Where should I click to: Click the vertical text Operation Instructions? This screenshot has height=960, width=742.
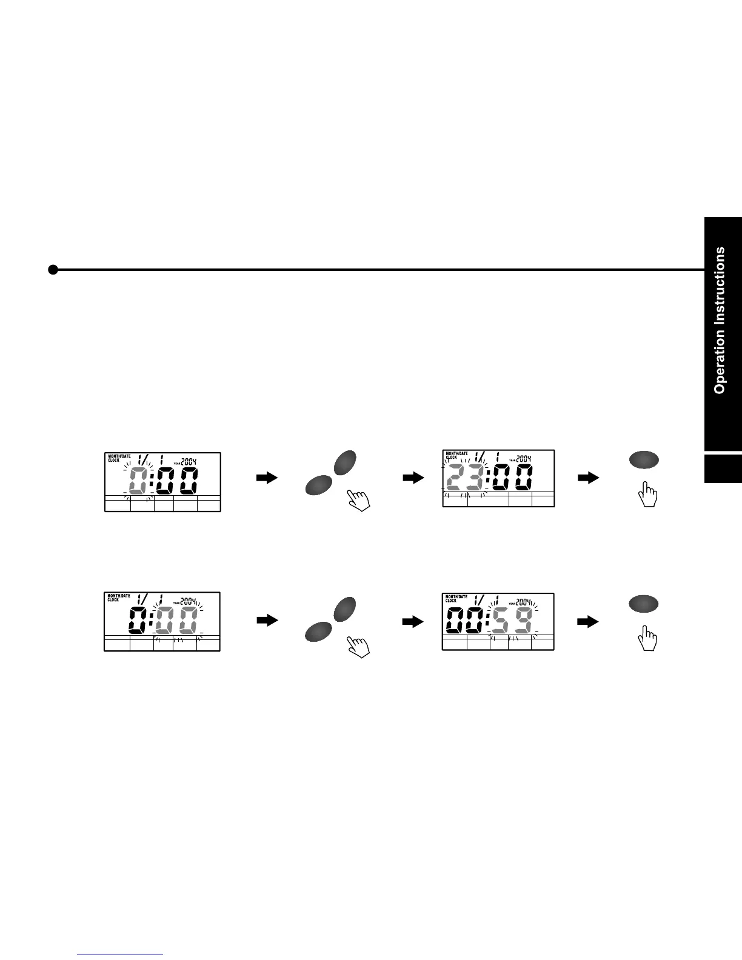[720, 320]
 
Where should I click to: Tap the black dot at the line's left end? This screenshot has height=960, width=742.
[53, 270]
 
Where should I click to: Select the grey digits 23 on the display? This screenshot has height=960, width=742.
[464, 478]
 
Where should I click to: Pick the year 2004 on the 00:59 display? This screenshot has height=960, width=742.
[523, 601]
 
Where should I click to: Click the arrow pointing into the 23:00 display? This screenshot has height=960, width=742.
[413, 478]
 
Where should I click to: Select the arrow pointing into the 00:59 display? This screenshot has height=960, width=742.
[413, 622]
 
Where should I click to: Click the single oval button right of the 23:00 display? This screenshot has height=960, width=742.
[644, 460]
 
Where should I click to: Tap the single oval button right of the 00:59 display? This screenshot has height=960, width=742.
[644, 604]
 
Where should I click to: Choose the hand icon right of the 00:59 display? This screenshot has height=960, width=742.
[649, 639]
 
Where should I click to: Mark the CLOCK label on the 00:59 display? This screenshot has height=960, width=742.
[452, 601]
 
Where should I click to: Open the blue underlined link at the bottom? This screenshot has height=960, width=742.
[121, 955]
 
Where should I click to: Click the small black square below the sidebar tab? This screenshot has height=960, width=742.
[723, 468]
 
